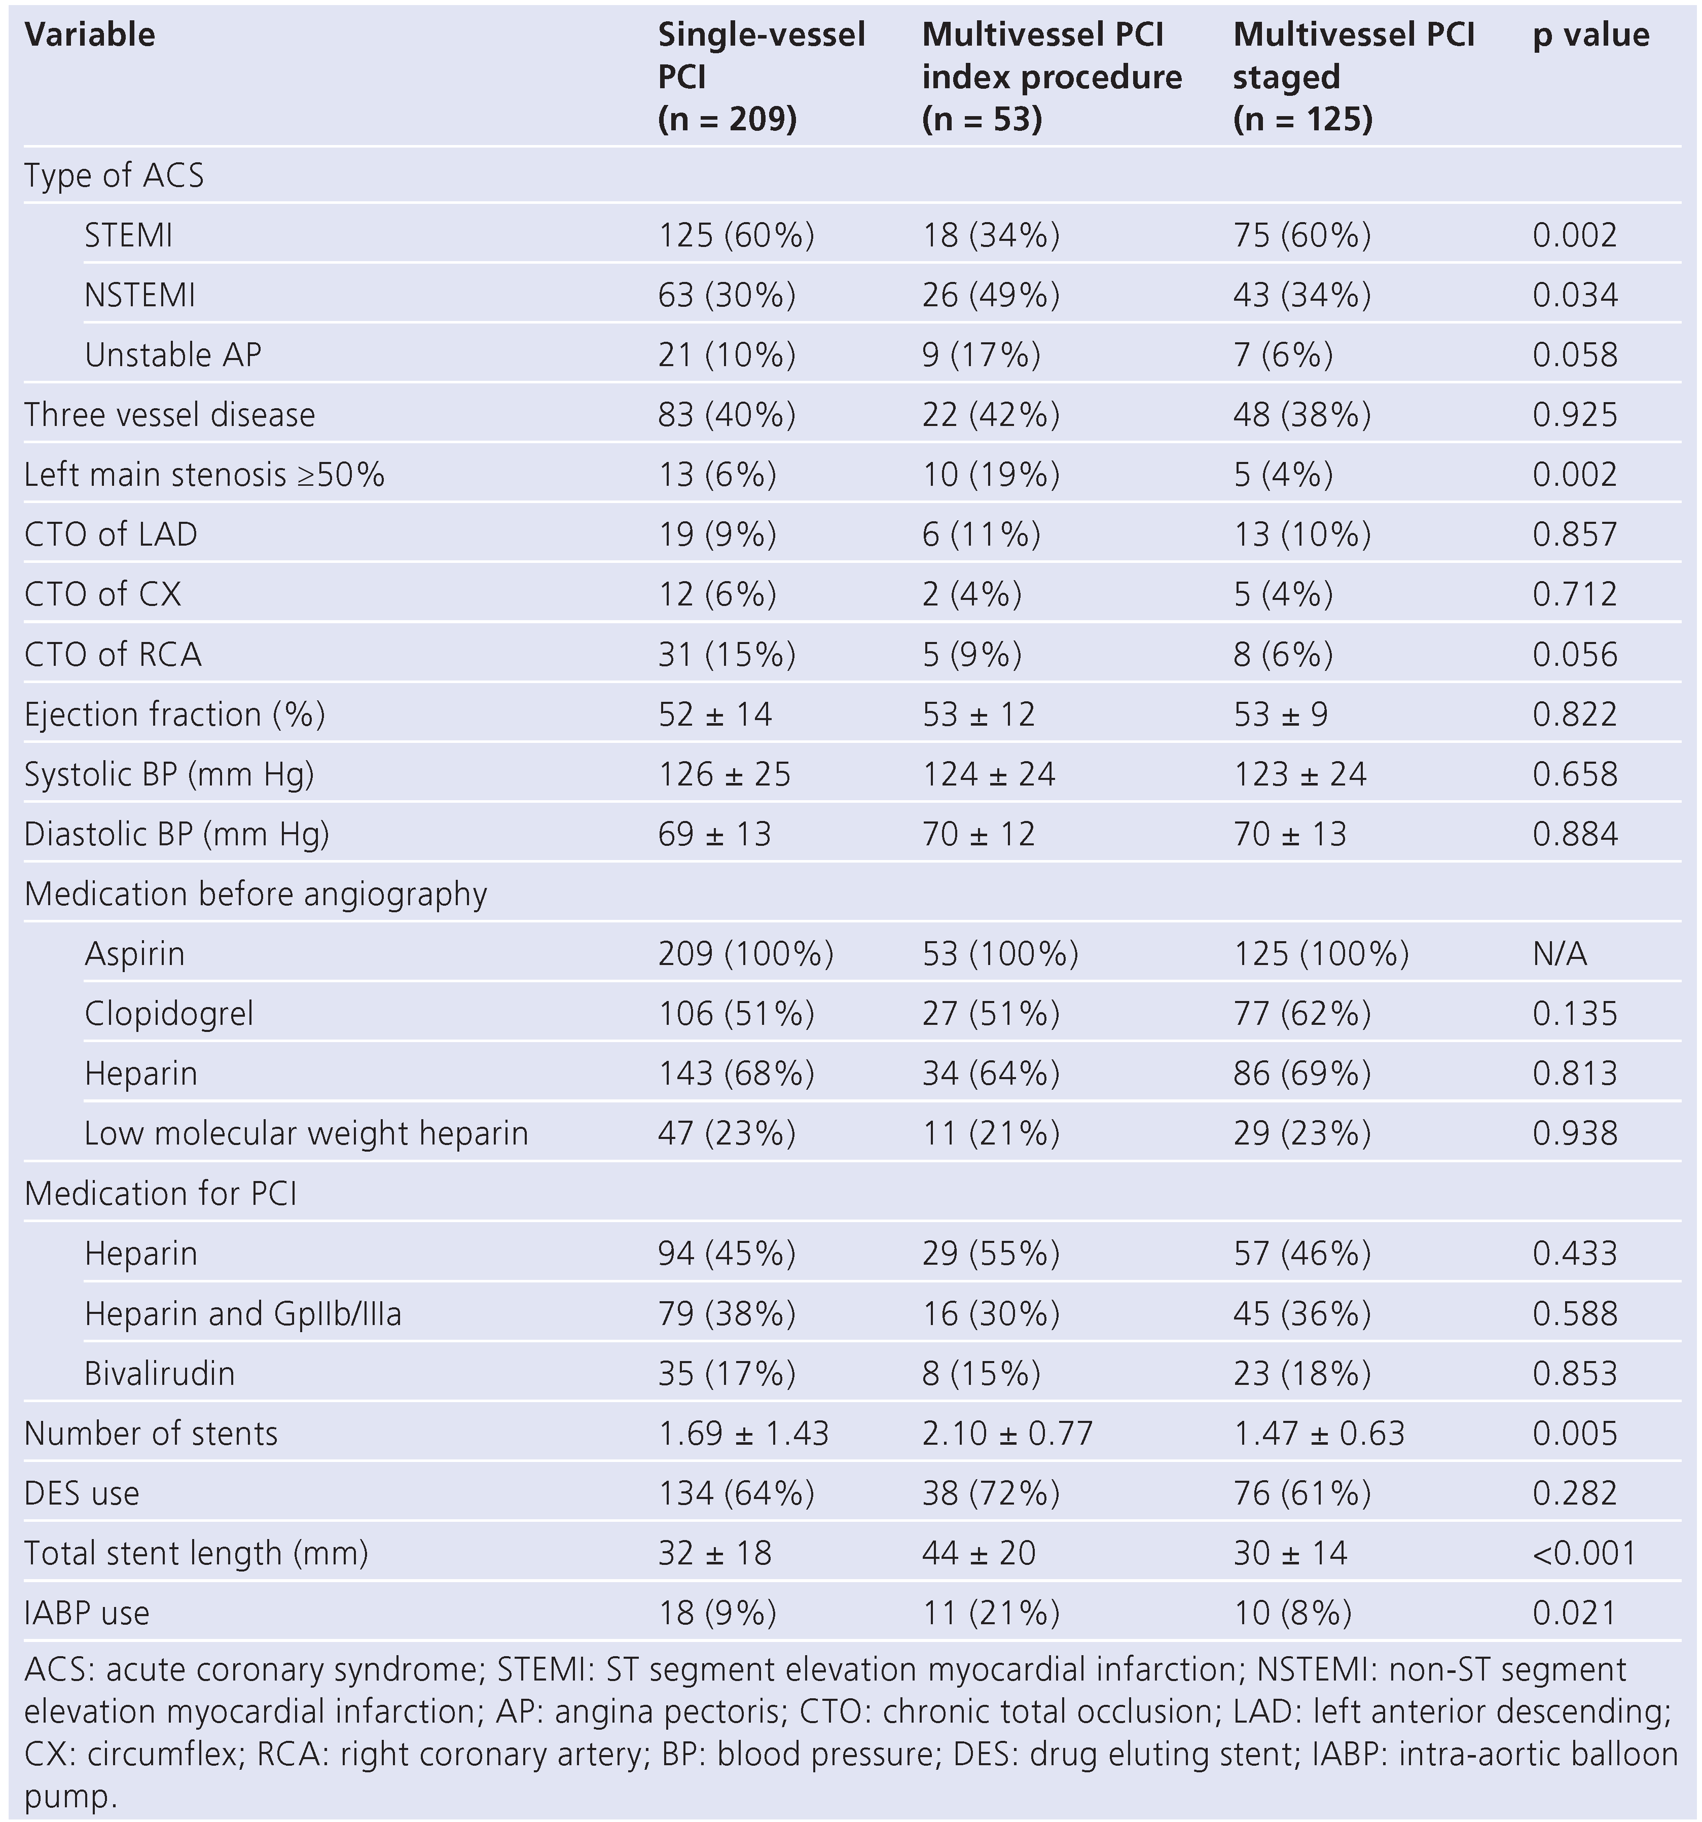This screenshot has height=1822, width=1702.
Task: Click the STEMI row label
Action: [128, 235]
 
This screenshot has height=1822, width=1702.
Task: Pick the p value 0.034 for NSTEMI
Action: [1575, 295]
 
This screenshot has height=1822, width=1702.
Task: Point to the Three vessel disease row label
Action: [169, 414]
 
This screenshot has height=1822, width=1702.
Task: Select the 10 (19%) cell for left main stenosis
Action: [990, 475]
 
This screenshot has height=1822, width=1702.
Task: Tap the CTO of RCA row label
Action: [113, 654]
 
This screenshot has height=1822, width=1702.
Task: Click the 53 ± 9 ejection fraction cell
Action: [1280, 714]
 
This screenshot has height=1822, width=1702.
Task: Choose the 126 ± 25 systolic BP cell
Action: [724, 774]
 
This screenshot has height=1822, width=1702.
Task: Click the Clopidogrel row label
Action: [169, 1014]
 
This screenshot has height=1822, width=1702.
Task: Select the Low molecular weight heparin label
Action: [306, 1134]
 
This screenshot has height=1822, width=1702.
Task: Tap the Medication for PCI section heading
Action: [160, 1193]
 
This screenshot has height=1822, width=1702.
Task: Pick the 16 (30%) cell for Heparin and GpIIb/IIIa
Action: [990, 1313]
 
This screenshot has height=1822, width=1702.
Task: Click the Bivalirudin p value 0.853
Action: [1575, 1373]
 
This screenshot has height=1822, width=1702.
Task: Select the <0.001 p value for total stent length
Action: [1584, 1553]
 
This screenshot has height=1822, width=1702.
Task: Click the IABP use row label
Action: [87, 1613]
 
